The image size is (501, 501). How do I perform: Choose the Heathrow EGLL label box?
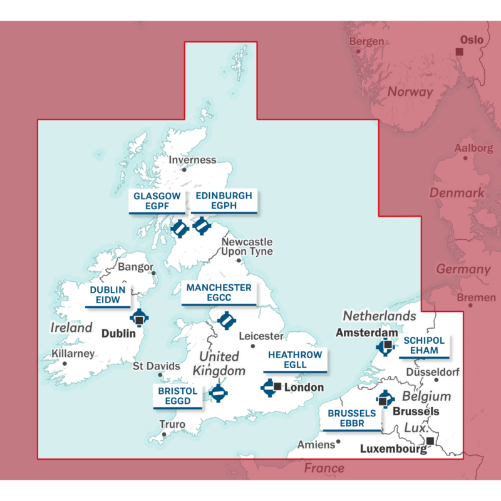[295, 360]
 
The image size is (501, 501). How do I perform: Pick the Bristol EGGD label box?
[178, 396]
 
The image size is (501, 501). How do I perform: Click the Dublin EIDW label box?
[108, 296]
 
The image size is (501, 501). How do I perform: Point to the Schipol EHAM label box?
[424, 346]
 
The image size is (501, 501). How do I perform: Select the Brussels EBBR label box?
[352, 419]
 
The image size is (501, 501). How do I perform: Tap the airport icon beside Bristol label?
[218, 393]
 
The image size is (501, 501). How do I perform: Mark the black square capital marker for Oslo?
[459, 51]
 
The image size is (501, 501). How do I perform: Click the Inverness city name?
[192, 160]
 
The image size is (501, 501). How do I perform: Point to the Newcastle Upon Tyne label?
[247, 246]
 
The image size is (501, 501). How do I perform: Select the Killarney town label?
[73, 353]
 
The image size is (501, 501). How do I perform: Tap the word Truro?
[172, 425]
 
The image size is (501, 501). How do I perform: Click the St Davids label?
[157, 366]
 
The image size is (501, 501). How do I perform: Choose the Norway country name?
[410, 91]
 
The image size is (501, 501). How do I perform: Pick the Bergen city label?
[366, 41]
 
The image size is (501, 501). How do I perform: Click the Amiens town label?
[316, 445]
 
